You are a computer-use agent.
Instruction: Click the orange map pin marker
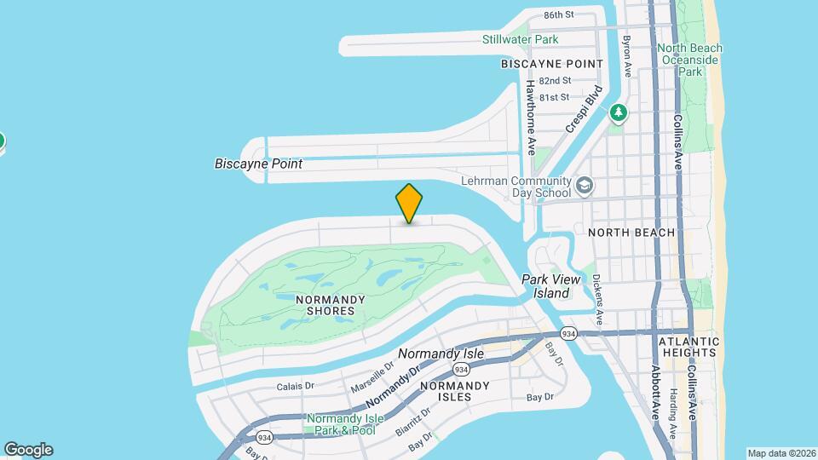click(x=409, y=203)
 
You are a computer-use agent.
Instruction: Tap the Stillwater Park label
click(x=520, y=39)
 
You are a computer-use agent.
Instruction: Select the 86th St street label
click(x=559, y=14)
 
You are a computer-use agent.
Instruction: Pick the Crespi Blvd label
click(x=584, y=109)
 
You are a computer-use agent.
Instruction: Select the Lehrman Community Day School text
click(x=516, y=187)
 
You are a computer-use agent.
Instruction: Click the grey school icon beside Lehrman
click(x=585, y=184)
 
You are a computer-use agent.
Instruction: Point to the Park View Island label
click(x=550, y=286)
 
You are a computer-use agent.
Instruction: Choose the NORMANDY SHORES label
click(x=331, y=305)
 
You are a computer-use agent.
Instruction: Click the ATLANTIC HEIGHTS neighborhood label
click(x=689, y=348)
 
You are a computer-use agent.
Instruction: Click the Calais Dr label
click(x=296, y=386)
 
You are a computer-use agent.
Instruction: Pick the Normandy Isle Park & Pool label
click(x=340, y=424)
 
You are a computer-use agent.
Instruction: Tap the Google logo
click(x=28, y=450)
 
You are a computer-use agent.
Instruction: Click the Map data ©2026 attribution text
click(x=781, y=452)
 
